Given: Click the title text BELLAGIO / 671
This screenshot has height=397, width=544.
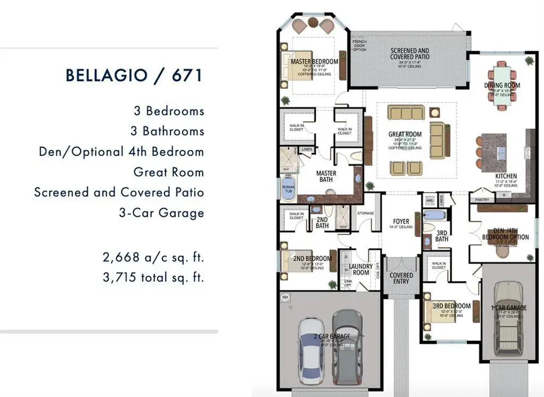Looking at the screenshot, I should pos(133,76).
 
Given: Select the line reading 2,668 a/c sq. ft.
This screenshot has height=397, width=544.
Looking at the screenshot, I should pos(154,258).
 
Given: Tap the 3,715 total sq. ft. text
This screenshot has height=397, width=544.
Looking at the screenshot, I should pos(154,278).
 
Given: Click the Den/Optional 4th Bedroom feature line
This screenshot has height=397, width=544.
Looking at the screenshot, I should pos(121,152).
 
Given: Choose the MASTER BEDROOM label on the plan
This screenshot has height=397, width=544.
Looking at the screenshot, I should pos(314,62).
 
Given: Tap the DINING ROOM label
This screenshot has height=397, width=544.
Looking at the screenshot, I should pos(502,85).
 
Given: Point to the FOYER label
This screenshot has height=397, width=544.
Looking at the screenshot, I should pos(401,222).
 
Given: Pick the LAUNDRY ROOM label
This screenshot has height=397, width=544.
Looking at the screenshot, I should pos(360,269).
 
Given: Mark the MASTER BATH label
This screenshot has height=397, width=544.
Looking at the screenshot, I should pos(326,176).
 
